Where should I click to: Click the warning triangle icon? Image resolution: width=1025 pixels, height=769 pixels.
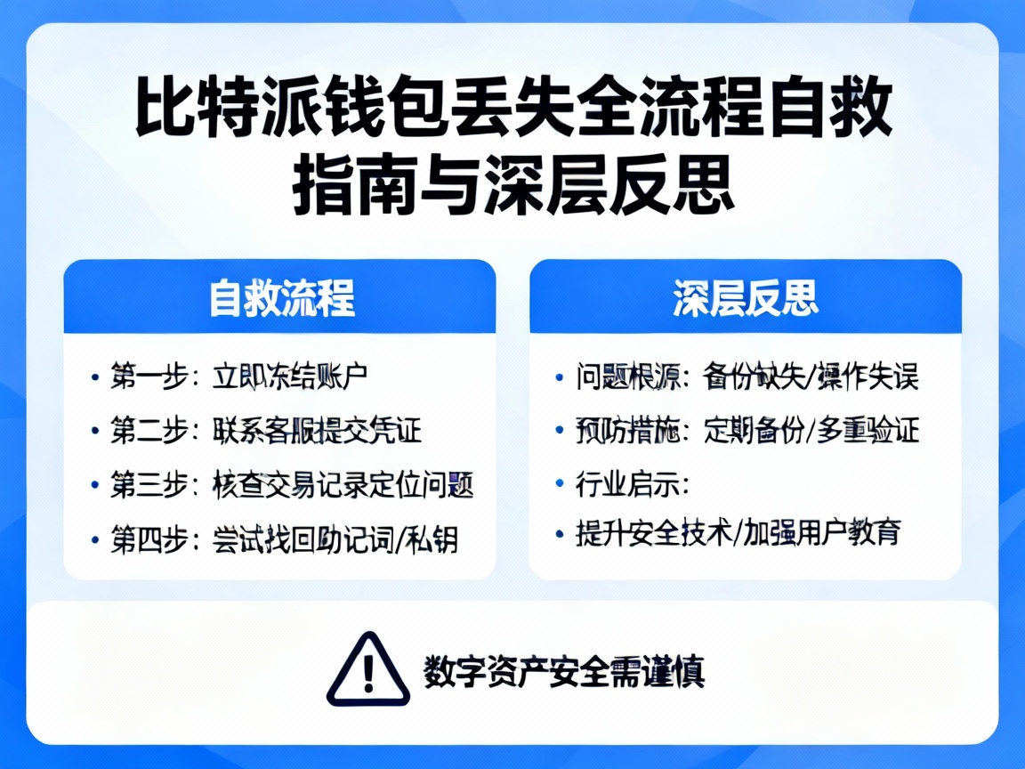coord(368,669)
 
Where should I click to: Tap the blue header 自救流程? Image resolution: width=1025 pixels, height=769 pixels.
coord(281,298)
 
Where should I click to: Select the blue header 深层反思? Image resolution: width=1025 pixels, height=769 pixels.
coord(746,298)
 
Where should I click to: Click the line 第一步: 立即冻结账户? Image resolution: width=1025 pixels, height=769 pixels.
coord(238,376)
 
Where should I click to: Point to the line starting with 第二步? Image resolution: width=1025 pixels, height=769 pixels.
coord(265,431)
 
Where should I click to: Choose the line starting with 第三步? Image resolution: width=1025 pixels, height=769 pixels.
coord(291,485)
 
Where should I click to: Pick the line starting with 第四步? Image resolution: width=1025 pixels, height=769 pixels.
coord(284,539)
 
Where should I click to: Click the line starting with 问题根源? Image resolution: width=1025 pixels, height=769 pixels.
coord(747,376)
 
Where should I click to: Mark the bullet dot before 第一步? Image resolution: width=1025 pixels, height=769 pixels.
coord(94,376)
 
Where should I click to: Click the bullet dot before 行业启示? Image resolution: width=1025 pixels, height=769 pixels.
coord(560,485)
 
